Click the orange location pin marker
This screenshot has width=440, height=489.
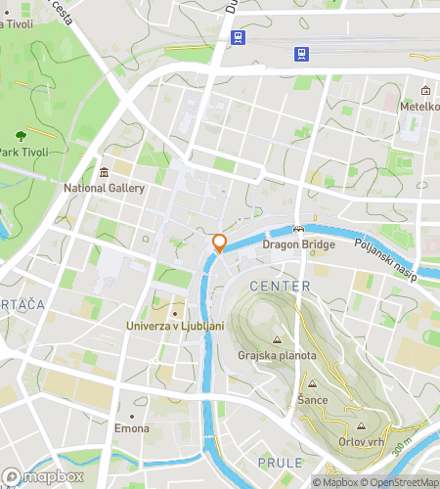click(220, 244)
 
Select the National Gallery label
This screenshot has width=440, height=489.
click(105, 189)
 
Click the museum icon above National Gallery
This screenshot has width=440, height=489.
click(105, 172)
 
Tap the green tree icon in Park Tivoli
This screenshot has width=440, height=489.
click(21, 135)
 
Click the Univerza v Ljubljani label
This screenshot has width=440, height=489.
click(176, 326)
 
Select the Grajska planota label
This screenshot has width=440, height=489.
click(277, 356)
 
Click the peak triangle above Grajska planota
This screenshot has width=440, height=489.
click(277, 340)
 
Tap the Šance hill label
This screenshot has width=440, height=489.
click(312, 401)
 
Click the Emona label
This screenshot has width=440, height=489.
click(132, 429)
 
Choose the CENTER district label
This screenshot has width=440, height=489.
click(281, 287)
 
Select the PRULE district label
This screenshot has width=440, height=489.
click(281, 463)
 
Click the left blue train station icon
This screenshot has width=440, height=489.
click(237, 36)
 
